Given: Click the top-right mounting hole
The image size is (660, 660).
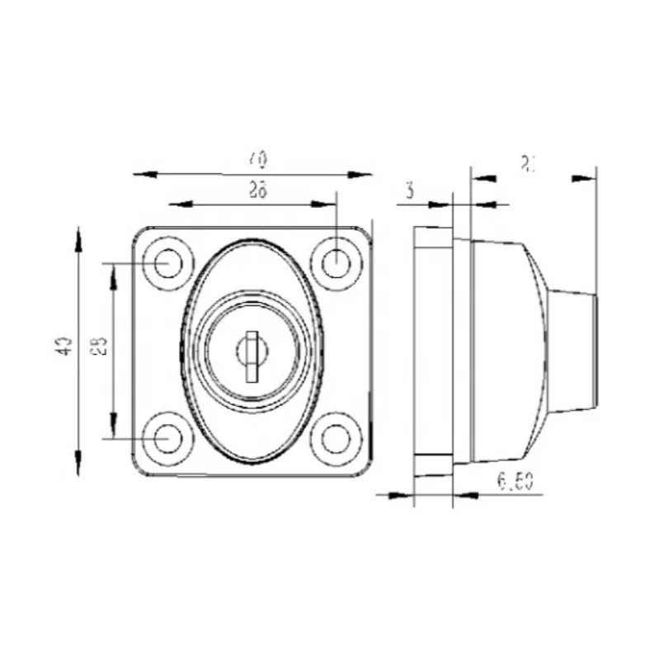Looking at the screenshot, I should pos(336,263).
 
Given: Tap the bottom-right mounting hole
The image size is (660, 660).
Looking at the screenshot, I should pos(336,437).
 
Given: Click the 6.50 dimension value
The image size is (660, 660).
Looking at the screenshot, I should pos(514,483).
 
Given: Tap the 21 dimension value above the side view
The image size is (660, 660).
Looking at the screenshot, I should pos(529,163).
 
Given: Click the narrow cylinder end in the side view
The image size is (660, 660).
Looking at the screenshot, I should pos(573,350).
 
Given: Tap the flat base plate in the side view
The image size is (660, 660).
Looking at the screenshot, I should pos(432,350).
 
